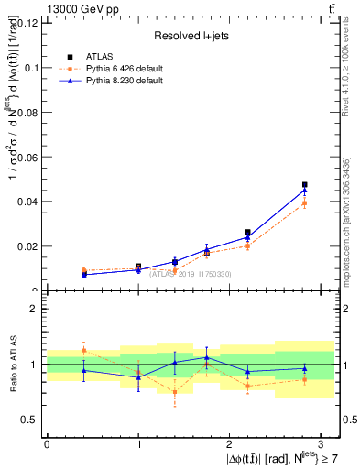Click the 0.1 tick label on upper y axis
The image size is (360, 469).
(x=31, y=68)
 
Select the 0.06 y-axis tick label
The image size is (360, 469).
(x=27, y=158)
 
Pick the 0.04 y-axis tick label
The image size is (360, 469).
(x=27, y=202)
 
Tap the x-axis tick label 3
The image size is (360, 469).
(x=321, y=442)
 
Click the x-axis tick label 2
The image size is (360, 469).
(x=229, y=442)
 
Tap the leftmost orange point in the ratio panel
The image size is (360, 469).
(x=83, y=350)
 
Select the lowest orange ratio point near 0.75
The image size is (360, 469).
(x=175, y=392)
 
